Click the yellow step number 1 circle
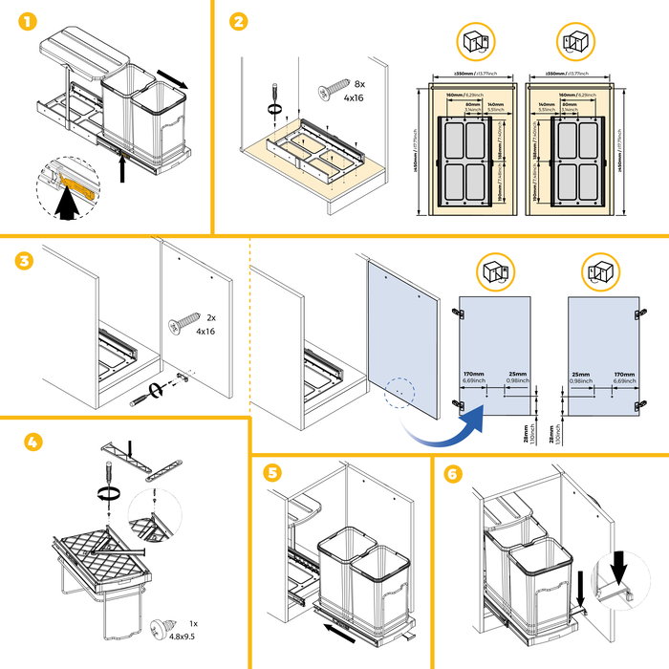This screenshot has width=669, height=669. coord(20,20)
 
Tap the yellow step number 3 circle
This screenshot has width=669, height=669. coord(20,259)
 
